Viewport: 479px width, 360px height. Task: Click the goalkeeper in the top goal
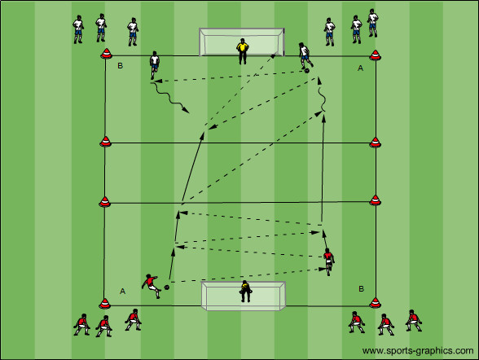(x=242, y=51)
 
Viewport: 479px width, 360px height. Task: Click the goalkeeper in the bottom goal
(x=245, y=291)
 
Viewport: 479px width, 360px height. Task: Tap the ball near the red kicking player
(x=167, y=288)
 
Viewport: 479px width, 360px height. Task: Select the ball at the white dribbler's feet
(x=306, y=71)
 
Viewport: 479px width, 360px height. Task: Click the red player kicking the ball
(x=151, y=285)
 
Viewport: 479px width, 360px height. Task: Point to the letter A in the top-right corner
(x=360, y=68)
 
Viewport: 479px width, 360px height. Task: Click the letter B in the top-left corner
(x=120, y=66)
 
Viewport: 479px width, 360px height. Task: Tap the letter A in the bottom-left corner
(x=122, y=292)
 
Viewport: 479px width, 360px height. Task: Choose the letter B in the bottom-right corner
(x=362, y=288)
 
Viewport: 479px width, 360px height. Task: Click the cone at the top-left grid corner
(x=106, y=54)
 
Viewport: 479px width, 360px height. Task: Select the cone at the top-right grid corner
(x=375, y=55)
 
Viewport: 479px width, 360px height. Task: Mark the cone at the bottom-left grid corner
(x=104, y=303)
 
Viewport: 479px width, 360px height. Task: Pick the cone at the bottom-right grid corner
(x=375, y=302)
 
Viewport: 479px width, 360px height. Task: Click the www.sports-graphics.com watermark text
(x=418, y=351)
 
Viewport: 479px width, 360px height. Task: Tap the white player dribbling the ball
(x=305, y=56)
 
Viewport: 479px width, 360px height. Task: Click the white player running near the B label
(x=155, y=65)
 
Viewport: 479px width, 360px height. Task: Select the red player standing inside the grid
(x=328, y=261)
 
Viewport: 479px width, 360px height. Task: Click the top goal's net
(x=242, y=42)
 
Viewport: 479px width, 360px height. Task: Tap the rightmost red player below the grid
(x=414, y=321)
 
